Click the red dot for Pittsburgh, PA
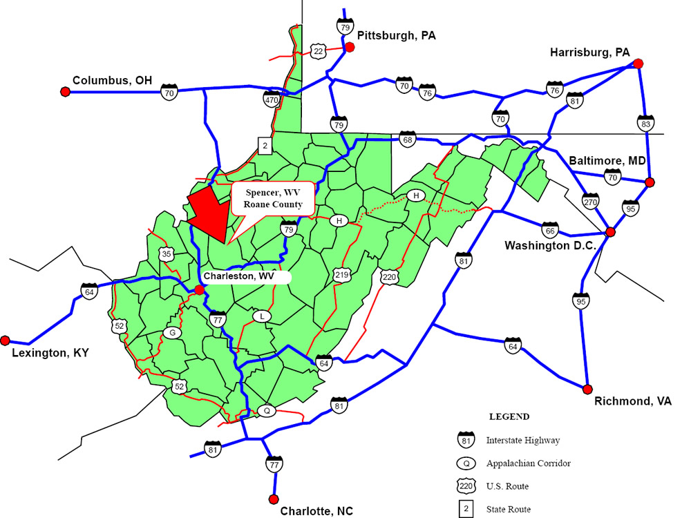coord(350,47)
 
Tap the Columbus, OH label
coord(112,80)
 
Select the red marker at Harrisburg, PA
coord(638,64)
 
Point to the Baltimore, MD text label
coord(607,161)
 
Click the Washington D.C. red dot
coord(610,232)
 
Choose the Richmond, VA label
coord(633,401)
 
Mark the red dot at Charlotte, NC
coord(274,499)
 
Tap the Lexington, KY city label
coord(50,354)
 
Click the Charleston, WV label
coord(239,276)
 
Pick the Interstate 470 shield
coord(272,99)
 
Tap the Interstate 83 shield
coord(645,124)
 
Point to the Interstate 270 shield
coord(589,200)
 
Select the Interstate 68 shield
coord(407,139)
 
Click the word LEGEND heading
coord(509,416)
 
